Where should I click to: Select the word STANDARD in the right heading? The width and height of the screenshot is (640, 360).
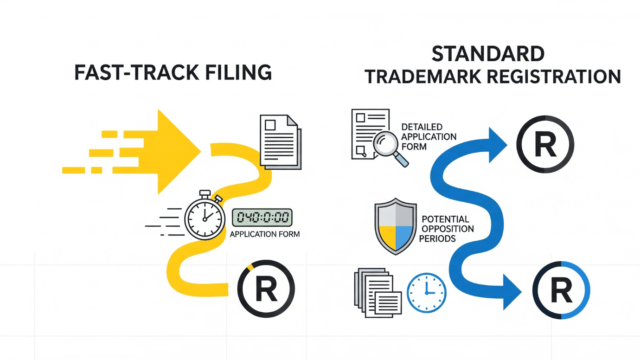488,54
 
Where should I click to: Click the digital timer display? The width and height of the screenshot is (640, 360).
262,218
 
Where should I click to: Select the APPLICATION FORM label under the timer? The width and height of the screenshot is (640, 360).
265,234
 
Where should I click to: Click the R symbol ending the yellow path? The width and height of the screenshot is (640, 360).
266,289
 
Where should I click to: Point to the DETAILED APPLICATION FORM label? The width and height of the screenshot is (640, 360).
429,137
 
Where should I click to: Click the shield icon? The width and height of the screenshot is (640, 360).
395,226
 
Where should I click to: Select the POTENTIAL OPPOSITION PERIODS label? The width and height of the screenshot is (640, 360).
446,229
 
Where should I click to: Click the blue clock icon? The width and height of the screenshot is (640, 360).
427,293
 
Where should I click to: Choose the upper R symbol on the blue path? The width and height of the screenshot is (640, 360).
545,144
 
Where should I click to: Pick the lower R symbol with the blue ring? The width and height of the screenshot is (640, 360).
561,290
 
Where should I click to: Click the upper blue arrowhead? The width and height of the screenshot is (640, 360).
497,145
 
